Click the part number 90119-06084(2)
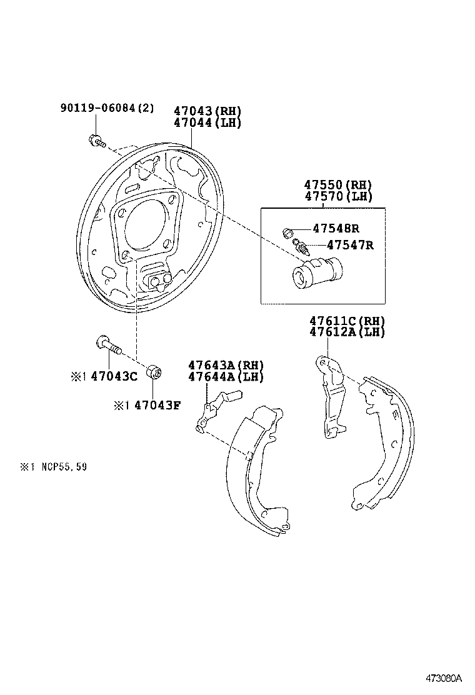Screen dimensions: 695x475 pyautogui.click(x=106, y=108)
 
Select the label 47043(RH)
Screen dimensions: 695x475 pyautogui.click(x=207, y=111)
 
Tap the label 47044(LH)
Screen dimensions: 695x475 pyautogui.click(x=207, y=122)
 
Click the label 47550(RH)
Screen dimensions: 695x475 pyautogui.click(x=337, y=185)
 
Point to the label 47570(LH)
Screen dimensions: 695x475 pyautogui.click(x=337, y=196)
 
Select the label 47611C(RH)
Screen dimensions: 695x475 pyautogui.click(x=347, y=321)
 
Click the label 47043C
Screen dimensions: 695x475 pyautogui.click(x=114, y=376)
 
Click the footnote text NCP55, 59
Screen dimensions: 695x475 pyautogui.click(x=61, y=466)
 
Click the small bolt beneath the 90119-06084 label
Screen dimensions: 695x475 pyautogui.click(x=97, y=142)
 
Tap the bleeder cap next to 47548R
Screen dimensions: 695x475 pyautogui.click(x=289, y=233)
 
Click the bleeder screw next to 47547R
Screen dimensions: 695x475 pyautogui.click(x=302, y=248)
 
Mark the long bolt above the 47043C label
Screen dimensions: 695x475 pyautogui.click(x=108, y=344)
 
